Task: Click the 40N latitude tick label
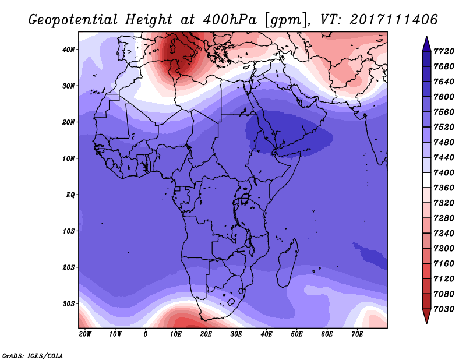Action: pyautogui.click(x=69, y=50)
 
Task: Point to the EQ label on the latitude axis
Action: pyautogui.click(x=70, y=195)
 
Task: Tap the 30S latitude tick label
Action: pyautogui.click(x=69, y=304)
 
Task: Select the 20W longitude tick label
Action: pyautogui.click(x=84, y=334)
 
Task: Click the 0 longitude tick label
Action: pyautogui.click(x=145, y=334)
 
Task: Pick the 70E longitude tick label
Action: pyautogui.click(x=357, y=334)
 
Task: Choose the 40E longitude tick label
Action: pyautogui.click(x=266, y=334)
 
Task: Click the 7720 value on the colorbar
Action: pyautogui.click(x=444, y=51)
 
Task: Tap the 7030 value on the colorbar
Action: pyautogui.click(x=444, y=309)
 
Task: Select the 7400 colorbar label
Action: pyautogui.click(x=444, y=172)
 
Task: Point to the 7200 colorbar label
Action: pyautogui.click(x=444, y=249)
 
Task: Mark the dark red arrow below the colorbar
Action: pyautogui.click(x=426, y=315)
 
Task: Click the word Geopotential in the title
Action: pyautogui.click(x=73, y=20)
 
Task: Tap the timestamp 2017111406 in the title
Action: pyautogui.click(x=394, y=19)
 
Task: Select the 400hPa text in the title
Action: pyautogui.click(x=230, y=20)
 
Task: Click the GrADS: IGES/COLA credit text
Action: pyautogui.click(x=33, y=356)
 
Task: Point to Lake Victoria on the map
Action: pyautogui.click(x=245, y=198)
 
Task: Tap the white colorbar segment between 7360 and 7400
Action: pyautogui.click(x=426, y=180)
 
